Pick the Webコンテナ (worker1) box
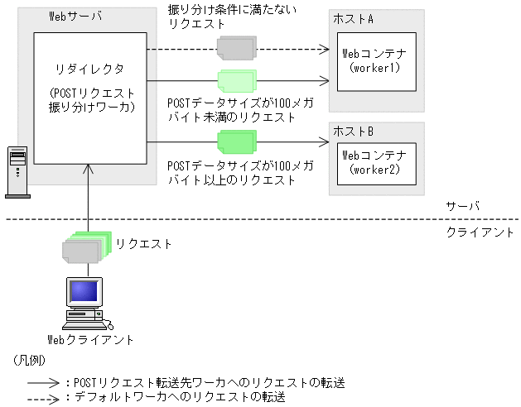376,60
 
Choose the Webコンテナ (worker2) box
376,161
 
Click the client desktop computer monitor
85,294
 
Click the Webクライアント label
89,340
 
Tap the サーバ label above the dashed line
462,206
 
